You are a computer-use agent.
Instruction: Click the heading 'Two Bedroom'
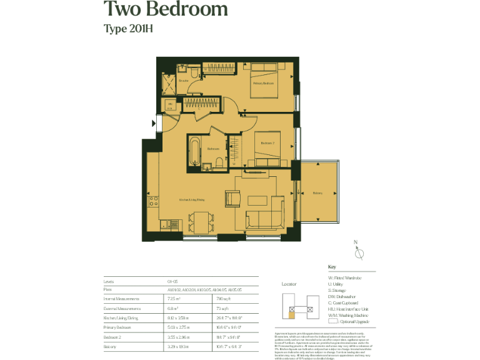(166, 9)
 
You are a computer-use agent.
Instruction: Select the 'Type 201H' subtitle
(129, 28)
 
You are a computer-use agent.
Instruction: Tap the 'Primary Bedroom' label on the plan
(263, 83)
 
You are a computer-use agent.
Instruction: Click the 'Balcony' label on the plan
(317, 193)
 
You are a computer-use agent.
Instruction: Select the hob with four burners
(152, 202)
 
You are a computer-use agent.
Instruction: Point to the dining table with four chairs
(201, 221)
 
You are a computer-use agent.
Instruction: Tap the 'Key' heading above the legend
(332, 267)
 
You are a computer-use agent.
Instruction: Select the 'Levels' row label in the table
(109, 282)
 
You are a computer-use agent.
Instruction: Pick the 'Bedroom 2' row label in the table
(114, 336)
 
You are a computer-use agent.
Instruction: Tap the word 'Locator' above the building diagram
(289, 284)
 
